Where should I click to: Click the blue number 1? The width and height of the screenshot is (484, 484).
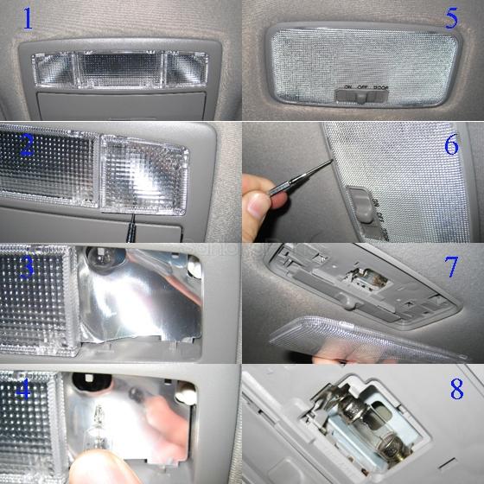tap(29, 18)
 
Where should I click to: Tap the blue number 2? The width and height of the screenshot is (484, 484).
tap(28, 144)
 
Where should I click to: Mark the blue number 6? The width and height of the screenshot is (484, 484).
tap(451, 144)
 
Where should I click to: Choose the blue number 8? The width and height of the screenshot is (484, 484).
tap(456, 388)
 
